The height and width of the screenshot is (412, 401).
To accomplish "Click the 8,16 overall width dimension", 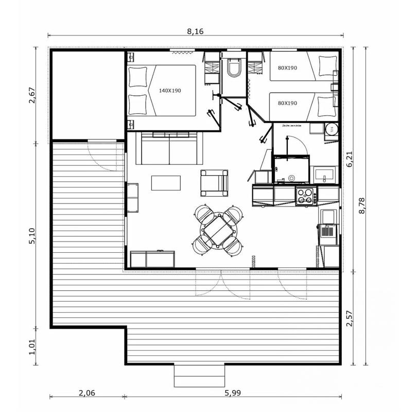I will [196, 31].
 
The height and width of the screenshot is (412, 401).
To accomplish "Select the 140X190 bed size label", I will [170, 91].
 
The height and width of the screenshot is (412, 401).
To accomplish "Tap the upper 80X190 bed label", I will [287, 67].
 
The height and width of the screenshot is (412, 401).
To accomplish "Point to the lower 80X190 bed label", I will [287, 103].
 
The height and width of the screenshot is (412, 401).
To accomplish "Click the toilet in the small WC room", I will [233, 68].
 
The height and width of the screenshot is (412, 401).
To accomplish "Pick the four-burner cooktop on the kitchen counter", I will [306, 196].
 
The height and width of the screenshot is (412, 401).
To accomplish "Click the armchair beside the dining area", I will [214, 183].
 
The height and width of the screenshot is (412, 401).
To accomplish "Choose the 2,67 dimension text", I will [32, 95].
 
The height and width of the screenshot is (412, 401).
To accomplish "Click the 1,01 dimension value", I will [32, 346].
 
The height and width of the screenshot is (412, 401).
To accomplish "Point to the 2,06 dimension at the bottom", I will [86, 393].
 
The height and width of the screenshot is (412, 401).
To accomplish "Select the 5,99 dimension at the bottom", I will [233, 393].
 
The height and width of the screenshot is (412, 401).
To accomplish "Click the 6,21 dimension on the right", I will [350, 159].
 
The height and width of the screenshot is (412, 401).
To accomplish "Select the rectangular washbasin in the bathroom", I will [325, 175].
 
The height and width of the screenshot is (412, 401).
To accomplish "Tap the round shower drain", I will [292, 178].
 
